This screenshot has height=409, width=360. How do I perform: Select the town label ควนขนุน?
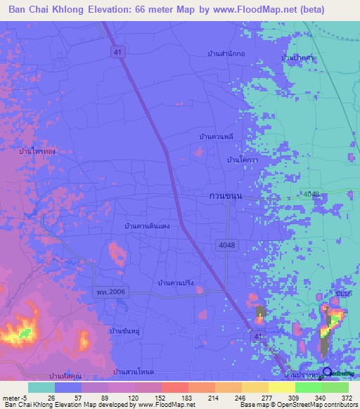pos(226,196)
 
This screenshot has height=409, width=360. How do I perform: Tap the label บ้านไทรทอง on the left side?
pos(38,151)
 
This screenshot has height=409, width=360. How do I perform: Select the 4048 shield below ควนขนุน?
pos(223,243)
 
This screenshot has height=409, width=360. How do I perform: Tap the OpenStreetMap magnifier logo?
pos(327,372)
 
